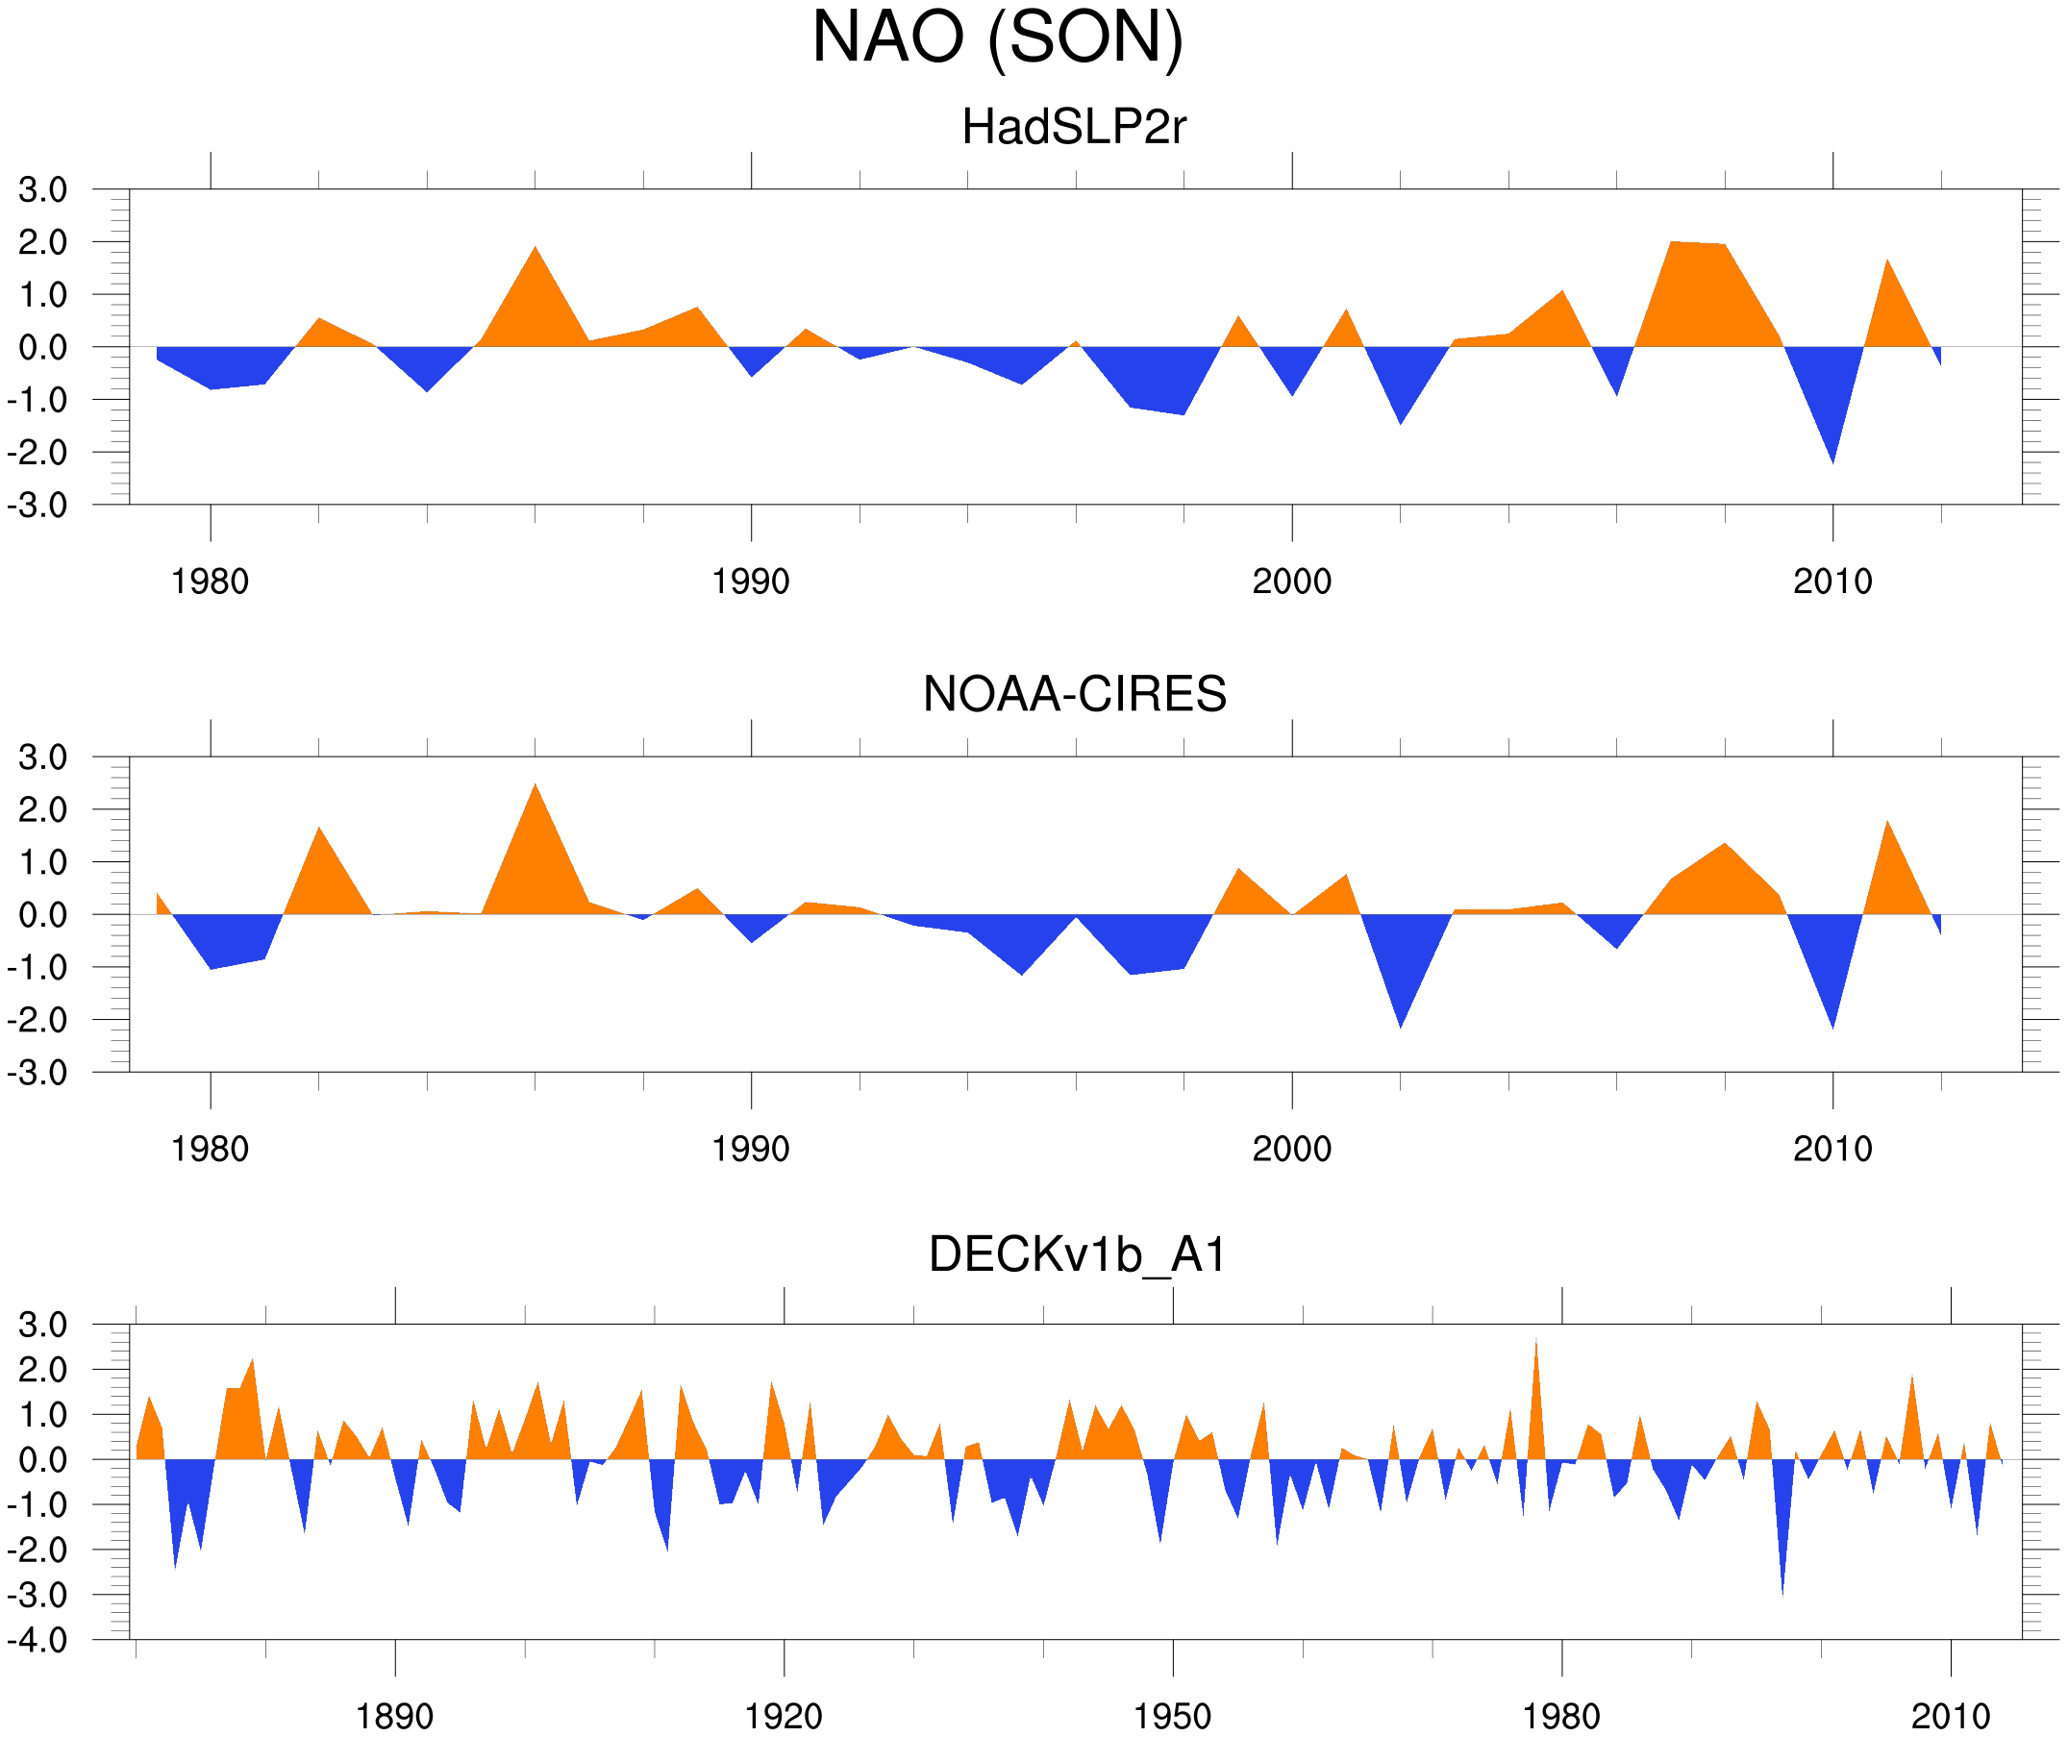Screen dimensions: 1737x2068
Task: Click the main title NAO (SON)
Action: [997, 37]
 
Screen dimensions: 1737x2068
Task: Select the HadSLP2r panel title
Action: [1073, 127]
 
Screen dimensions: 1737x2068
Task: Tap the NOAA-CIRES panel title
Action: [1074, 694]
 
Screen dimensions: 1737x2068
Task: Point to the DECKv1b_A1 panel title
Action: [1078, 1254]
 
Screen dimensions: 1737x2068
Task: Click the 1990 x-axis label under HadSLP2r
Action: [751, 582]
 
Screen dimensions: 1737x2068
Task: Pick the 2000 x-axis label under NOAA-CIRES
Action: [1291, 1149]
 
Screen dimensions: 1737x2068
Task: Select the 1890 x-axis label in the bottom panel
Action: [394, 1716]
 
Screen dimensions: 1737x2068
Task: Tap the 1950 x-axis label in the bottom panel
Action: [1172, 1716]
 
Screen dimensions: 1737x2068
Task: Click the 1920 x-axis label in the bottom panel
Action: [783, 1716]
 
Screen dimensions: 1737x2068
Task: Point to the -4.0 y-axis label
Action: [37, 1641]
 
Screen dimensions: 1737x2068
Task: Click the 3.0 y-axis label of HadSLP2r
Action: [42, 190]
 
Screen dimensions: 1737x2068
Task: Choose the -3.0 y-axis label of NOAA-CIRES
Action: [37, 1073]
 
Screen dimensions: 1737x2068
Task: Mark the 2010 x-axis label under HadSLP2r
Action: [1831, 582]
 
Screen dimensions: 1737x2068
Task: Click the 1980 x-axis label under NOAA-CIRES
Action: [210, 1149]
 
